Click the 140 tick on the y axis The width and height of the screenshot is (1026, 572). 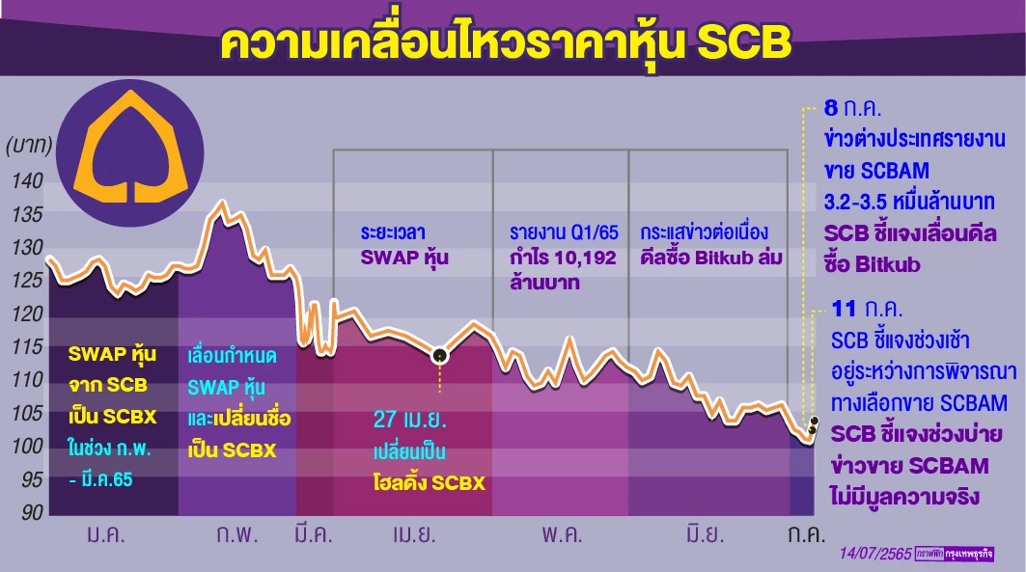27,180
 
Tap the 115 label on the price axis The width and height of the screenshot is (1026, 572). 27,346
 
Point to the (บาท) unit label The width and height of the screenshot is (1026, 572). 33,148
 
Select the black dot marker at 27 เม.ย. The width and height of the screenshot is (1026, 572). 440,356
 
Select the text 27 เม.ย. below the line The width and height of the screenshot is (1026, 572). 410,422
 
